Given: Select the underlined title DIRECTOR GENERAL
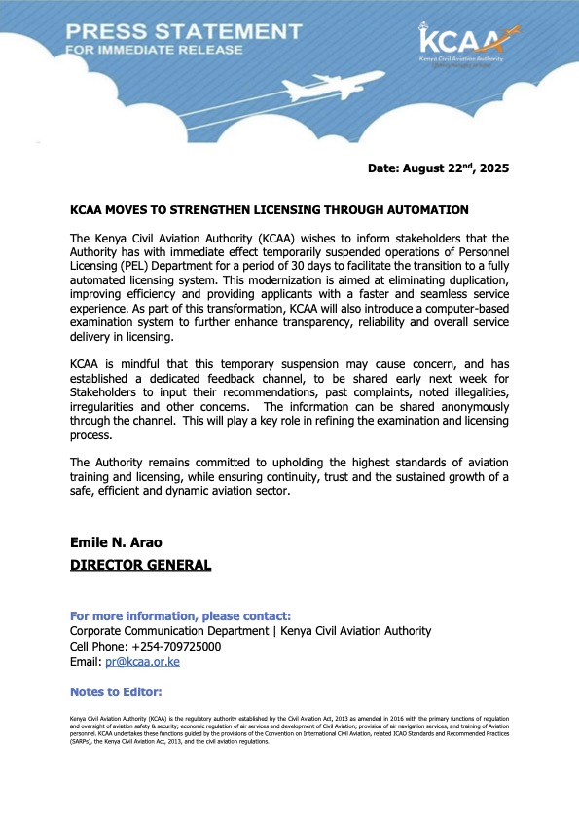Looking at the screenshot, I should click(x=140, y=564).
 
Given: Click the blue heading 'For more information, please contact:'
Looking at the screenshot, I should click(x=180, y=616).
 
